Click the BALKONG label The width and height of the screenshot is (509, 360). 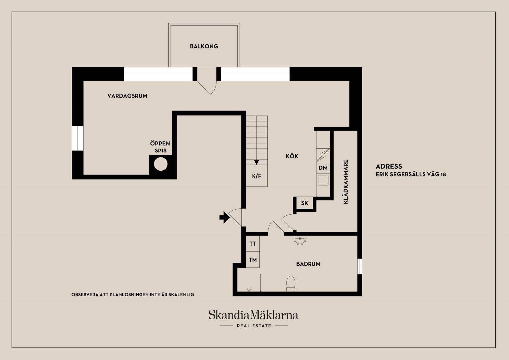coord(204,46)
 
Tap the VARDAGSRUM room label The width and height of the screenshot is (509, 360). coord(128,96)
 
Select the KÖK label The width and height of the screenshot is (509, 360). coord(292,156)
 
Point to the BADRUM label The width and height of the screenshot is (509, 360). coord(309,264)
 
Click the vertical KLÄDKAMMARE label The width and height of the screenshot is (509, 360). coord(346,182)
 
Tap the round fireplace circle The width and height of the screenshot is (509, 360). coord(161,164)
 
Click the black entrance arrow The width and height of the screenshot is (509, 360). coord(224,217)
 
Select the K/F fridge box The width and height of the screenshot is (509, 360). coord(257,176)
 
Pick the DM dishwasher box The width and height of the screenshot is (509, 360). coord(323,168)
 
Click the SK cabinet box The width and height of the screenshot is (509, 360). coord(304,203)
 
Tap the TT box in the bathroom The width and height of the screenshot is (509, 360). coord(253,244)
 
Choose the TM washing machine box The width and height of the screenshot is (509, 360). coord(253,260)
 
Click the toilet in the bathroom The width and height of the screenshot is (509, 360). coord(291,284)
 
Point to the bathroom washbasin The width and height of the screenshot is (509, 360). coord(300,240)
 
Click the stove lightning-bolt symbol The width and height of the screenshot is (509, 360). coord(323,155)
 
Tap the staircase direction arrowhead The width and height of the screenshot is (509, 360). coord(257,162)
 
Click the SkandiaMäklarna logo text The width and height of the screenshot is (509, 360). coord(254,315)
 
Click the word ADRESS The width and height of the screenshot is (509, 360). coord(389,166)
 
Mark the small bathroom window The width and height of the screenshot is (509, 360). coord(360,267)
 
